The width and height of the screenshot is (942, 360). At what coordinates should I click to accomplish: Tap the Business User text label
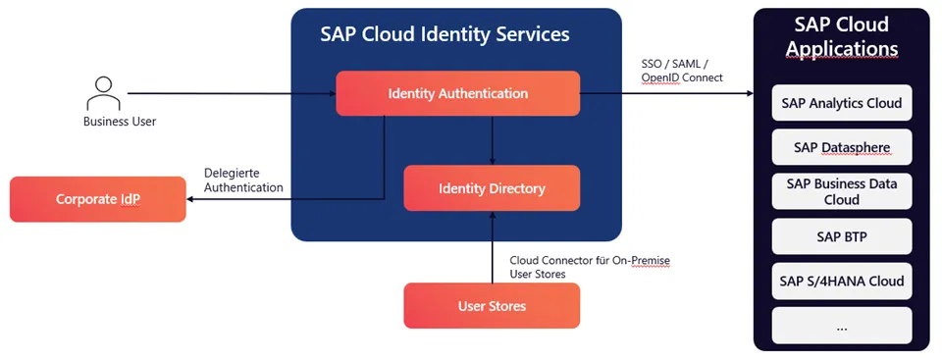[x=119, y=122]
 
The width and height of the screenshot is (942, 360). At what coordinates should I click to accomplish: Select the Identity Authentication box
[x=457, y=93]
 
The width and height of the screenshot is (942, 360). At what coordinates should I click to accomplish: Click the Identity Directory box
[x=492, y=188]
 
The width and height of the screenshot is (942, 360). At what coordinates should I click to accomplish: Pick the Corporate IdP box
[x=97, y=199]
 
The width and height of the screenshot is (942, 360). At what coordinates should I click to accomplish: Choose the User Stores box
[x=492, y=306]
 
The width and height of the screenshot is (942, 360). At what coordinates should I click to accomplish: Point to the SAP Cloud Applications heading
[x=841, y=36]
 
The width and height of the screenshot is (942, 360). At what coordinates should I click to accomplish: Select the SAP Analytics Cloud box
[x=841, y=102]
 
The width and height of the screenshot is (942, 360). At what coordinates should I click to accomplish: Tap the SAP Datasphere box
[x=841, y=147]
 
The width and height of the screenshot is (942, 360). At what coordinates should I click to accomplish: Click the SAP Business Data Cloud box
[x=841, y=191]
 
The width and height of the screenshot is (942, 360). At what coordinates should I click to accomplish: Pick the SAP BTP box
[x=841, y=236]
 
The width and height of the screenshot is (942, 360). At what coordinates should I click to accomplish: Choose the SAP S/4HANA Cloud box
[x=841, y=282]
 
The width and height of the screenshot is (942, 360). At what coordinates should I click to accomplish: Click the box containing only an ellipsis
[x=841, y=326]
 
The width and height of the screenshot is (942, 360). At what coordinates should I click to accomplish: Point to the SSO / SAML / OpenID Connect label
[x=681, y=71]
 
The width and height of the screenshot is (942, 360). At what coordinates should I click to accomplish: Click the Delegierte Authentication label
[x=243, y=180]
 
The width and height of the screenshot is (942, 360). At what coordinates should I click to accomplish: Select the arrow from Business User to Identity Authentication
[x=231, y=94]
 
